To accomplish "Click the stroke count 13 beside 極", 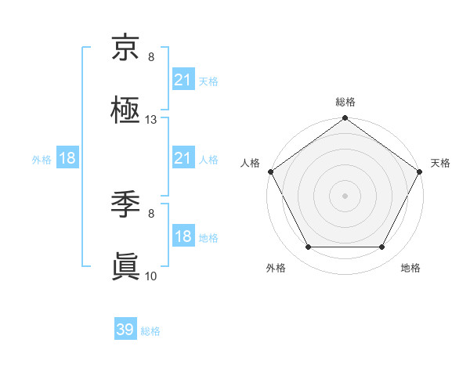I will point(151,120).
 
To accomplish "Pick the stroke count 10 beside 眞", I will point(151,276).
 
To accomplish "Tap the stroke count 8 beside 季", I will point(151,213).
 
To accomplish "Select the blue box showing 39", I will point(125,330).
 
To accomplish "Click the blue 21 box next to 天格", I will point(183,80).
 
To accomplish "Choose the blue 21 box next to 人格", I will point(183,159).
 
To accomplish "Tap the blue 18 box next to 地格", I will point(183,237).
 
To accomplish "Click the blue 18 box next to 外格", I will point(67,159).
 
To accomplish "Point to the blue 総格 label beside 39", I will point(150,331).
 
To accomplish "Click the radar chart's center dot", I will point(345,196).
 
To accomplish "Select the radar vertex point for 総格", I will point(345,119).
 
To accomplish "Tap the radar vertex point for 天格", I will point(420,171).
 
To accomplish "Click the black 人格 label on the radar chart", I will point(250,163).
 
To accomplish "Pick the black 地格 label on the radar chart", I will point(410,269).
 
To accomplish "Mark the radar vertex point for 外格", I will point(308,247).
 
